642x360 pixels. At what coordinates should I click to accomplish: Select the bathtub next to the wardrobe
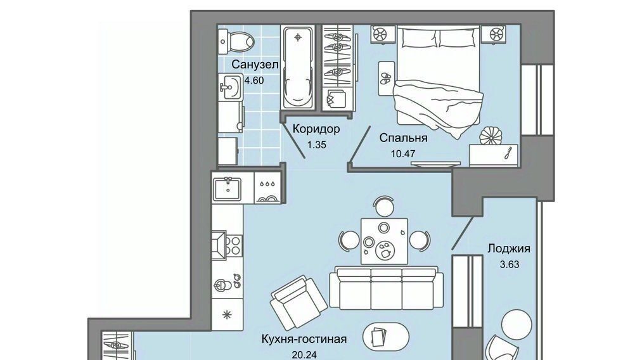coord(298,67)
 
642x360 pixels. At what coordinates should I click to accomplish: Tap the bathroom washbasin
coord(229,87)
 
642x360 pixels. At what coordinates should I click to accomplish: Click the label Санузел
coord(255,65)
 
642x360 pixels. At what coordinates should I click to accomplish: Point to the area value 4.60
coord(254,80)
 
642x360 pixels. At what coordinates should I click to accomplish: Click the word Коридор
coord(316,129)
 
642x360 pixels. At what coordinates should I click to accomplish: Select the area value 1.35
coord(316,145)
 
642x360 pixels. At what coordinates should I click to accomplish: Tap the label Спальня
coord(403,138)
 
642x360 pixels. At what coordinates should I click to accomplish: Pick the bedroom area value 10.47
coord(403,154)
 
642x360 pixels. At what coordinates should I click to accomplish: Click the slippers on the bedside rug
coord(385,78)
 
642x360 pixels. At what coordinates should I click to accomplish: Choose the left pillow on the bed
coord(419,38)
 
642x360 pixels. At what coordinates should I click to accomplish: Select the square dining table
coord(384,241)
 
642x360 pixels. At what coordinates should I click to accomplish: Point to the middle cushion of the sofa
coord(386,288)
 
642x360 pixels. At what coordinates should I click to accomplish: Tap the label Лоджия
coord(508,248)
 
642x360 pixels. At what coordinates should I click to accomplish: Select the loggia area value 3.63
coord(510,264)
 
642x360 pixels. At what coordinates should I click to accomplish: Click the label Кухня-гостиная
coord(304,339)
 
